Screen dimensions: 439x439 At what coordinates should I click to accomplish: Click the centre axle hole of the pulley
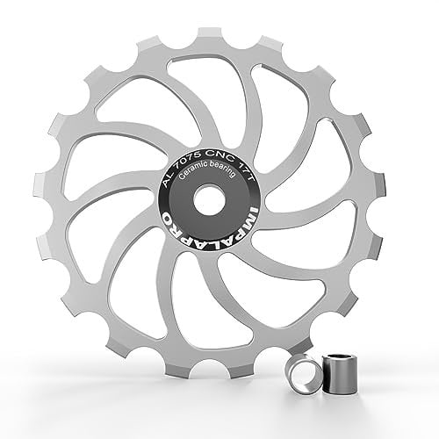[209, 198]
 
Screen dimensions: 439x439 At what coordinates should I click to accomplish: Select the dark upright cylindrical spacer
[339, 374]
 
